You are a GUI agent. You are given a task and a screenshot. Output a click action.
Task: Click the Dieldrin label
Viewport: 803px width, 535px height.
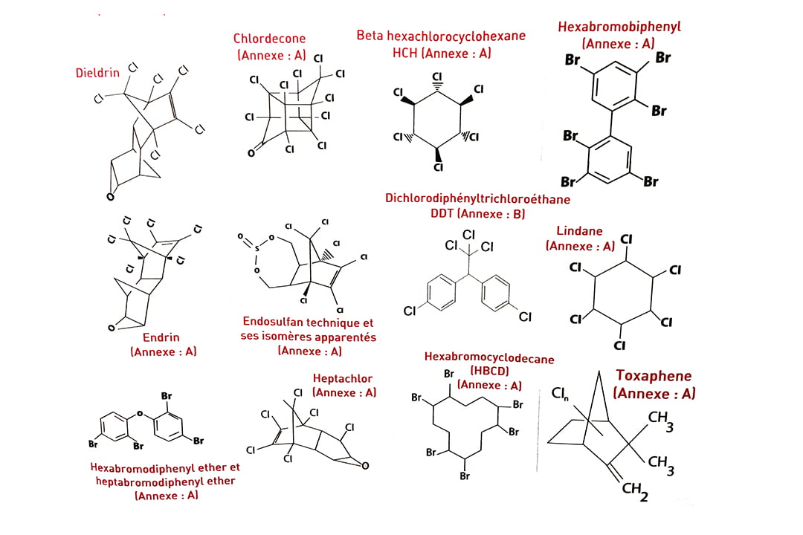point(97,73)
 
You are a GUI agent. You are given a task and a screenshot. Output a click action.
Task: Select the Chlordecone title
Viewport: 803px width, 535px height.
point(269,39)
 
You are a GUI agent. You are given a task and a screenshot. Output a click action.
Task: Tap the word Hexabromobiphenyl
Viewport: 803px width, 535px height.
point(619,27)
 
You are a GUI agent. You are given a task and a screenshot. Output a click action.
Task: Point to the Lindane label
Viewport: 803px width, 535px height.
point(579,231)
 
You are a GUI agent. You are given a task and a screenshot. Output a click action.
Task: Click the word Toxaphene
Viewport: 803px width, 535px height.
point(653,375)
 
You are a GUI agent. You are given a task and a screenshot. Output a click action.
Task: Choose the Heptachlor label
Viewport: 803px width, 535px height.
point(343,379)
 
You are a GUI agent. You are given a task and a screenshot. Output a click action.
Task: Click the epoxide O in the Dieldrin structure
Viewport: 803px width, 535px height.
point(109,197)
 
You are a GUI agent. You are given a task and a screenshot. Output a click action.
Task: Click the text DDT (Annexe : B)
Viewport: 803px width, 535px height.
point(477,214)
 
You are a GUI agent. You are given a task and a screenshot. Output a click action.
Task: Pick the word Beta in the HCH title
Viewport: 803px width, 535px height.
point(370,36)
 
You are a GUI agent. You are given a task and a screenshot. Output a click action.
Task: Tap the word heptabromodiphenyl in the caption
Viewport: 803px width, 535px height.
point(139,481)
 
